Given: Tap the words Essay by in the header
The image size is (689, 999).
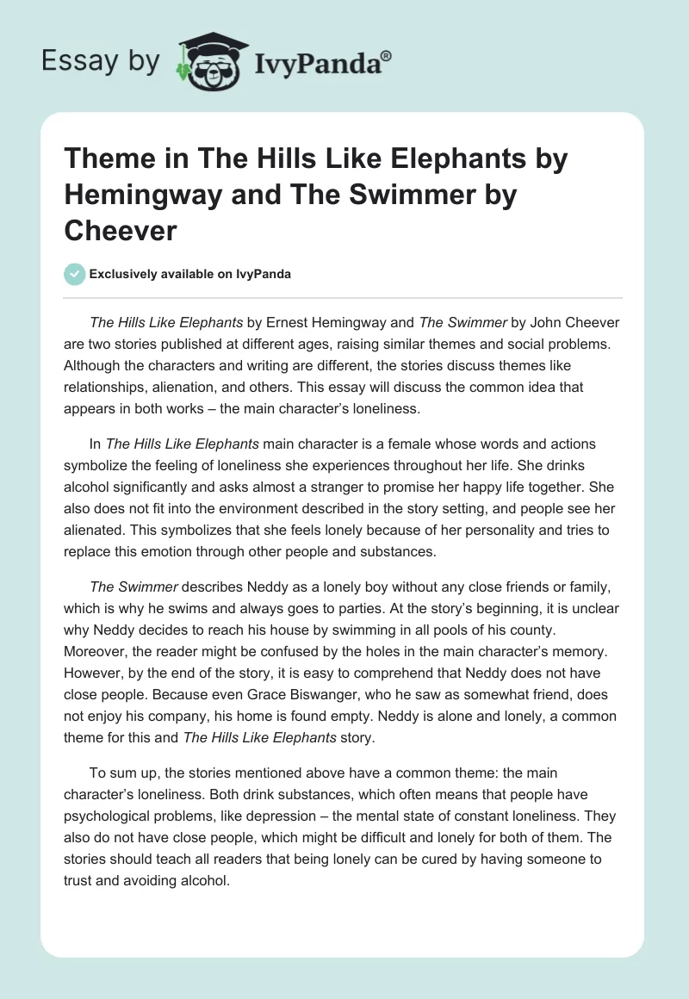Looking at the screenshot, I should (100, 61).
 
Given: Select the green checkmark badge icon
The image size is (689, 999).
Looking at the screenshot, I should (74, 274).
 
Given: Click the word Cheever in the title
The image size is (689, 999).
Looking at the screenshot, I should (122, 231).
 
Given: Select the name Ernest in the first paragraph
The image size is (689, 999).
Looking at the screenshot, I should (290, 323).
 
